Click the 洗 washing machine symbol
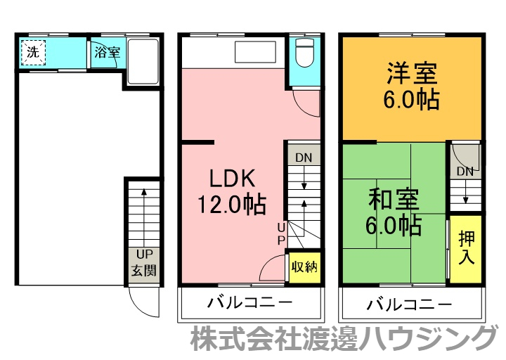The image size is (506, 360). [33, 52]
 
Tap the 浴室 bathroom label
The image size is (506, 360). [108, 53]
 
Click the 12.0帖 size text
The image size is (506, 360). [231, 205]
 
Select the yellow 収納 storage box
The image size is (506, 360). [304, 267]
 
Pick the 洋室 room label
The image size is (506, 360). [411, 73]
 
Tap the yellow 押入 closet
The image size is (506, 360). [466, 247]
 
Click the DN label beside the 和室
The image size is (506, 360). [465, 172]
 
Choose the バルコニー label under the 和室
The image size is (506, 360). [410, 304]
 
